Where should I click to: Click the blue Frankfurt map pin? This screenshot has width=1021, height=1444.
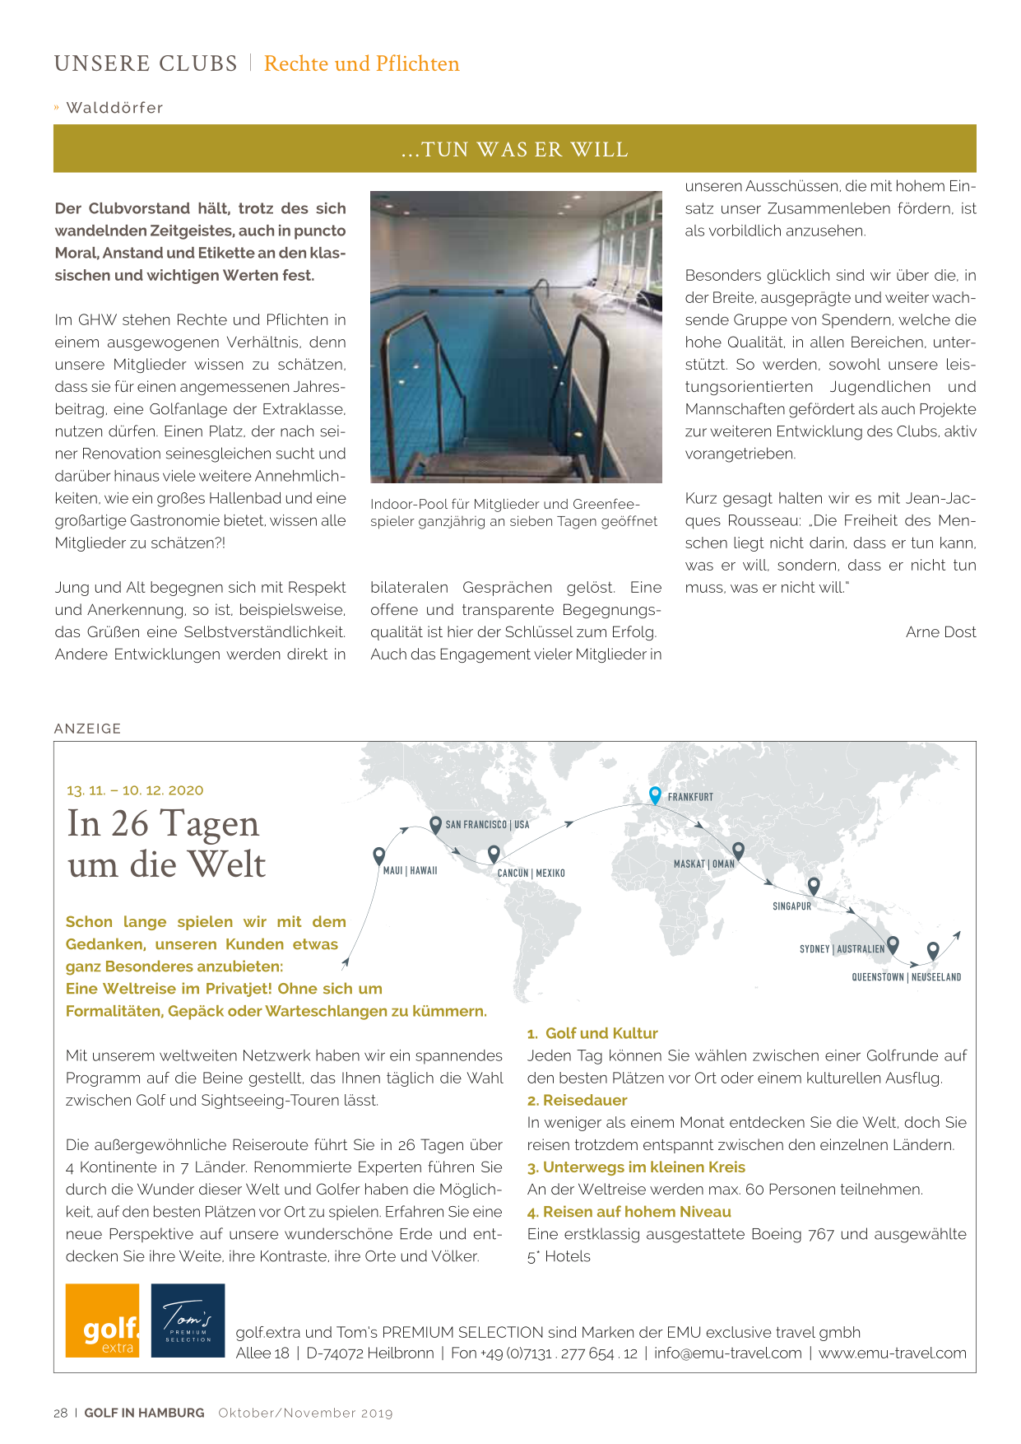655,794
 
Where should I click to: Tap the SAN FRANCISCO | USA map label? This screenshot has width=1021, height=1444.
487,824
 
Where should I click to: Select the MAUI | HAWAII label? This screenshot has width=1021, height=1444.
410,870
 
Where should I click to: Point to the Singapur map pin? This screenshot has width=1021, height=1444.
814,886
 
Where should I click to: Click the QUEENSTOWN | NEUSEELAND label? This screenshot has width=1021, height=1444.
906,977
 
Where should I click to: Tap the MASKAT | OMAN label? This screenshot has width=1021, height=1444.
703,864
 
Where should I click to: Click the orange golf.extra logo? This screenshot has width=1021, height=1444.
103,1321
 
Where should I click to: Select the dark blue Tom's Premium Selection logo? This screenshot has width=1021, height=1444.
188,1321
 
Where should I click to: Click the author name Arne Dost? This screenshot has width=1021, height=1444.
940,632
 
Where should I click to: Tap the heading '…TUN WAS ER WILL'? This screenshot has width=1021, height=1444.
515,150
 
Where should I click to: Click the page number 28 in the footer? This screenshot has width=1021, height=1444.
61,1413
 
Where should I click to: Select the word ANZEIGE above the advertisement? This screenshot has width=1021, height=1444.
88,729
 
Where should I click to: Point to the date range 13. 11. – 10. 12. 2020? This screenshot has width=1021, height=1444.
135,790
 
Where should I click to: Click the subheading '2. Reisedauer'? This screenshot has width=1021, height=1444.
577,1101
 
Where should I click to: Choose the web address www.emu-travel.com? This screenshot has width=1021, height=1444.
892,1353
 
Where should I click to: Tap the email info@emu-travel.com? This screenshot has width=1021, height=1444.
727,1353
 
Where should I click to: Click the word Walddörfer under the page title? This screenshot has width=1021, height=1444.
114,108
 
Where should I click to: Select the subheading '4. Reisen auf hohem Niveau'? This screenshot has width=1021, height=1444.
629,1212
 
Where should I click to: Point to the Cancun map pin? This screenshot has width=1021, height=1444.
494,854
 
